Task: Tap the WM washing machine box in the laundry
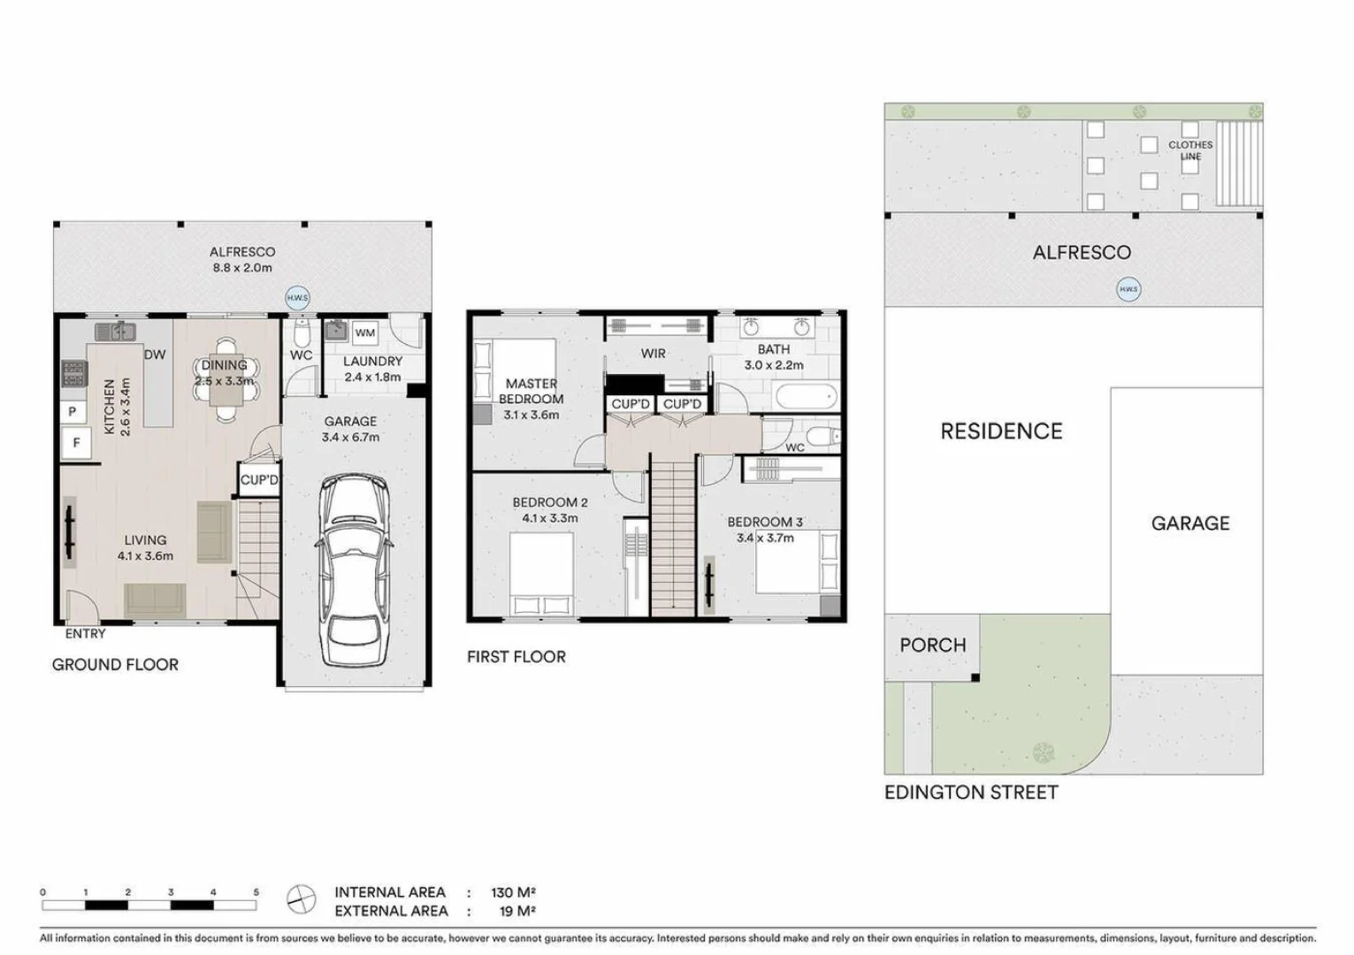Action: (365, 333)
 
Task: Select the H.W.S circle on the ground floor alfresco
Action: (297, 298)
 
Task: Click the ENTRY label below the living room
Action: (85, 634)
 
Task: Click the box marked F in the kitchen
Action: (77, 442)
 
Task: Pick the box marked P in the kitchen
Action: (73, 411)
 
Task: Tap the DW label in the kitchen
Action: (155, 355)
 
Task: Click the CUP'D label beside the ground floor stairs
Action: (259, 480)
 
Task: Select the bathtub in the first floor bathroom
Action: (804, 396)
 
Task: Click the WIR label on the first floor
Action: (653, 354)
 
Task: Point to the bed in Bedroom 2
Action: (540, 575)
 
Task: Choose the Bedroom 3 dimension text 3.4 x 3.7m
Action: (765, 538)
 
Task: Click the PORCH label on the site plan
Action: (932, 646)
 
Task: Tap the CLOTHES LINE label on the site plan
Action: (1190, 150)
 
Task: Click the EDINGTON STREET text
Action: (971, 792)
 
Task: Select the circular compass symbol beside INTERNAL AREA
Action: (302, 900)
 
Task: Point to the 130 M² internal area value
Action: (513, 892)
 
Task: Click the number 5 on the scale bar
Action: (256, 892)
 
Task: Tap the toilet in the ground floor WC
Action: (301, 335)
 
